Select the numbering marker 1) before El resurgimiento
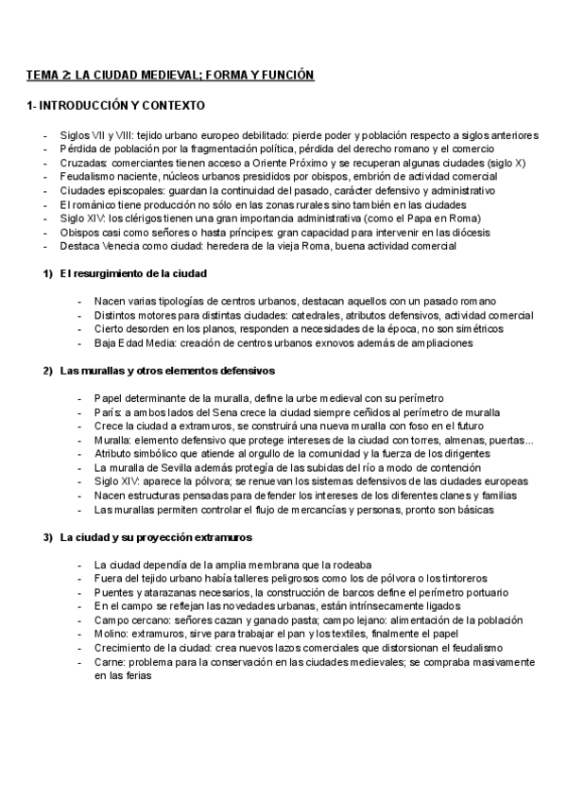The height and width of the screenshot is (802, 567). [47, 273]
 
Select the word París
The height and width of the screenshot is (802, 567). [109, 412]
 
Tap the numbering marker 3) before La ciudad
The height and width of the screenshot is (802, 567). [47, 537]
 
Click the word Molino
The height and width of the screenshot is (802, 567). [112, 635]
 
